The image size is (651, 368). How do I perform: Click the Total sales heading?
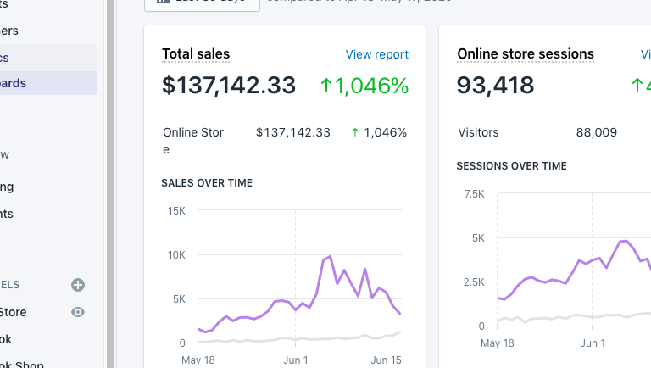(x=196, y=53)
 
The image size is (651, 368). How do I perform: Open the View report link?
(x=376, y=54)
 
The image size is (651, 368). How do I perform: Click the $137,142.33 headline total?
(x=229, y=86)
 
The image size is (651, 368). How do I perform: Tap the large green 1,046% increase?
(x=364, y=86)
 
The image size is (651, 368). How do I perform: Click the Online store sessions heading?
(x=526, y=53)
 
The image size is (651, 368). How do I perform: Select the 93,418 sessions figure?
(x=496, y=86)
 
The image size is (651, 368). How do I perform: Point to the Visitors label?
(x=478, y=132)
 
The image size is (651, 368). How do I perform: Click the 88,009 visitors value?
(x=596, y=132)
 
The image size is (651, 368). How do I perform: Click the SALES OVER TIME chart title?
(x=207, y=182)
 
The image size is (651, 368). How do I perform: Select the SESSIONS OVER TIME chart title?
(x=511, y=165)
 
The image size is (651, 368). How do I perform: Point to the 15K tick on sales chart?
(x=176, y=210)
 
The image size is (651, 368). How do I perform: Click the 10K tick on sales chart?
(x=176, y=254)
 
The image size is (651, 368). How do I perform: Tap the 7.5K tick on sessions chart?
(x=475, y=193)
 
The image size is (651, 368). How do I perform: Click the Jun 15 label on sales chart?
(x=387, y=360)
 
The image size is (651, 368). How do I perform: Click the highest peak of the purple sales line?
(x=330, y=256)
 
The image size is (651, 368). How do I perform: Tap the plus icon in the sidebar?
(x=78, y=285)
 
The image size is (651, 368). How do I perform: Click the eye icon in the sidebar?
(x=78, y=312)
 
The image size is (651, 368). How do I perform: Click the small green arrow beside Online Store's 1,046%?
(x=354, y=132)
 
